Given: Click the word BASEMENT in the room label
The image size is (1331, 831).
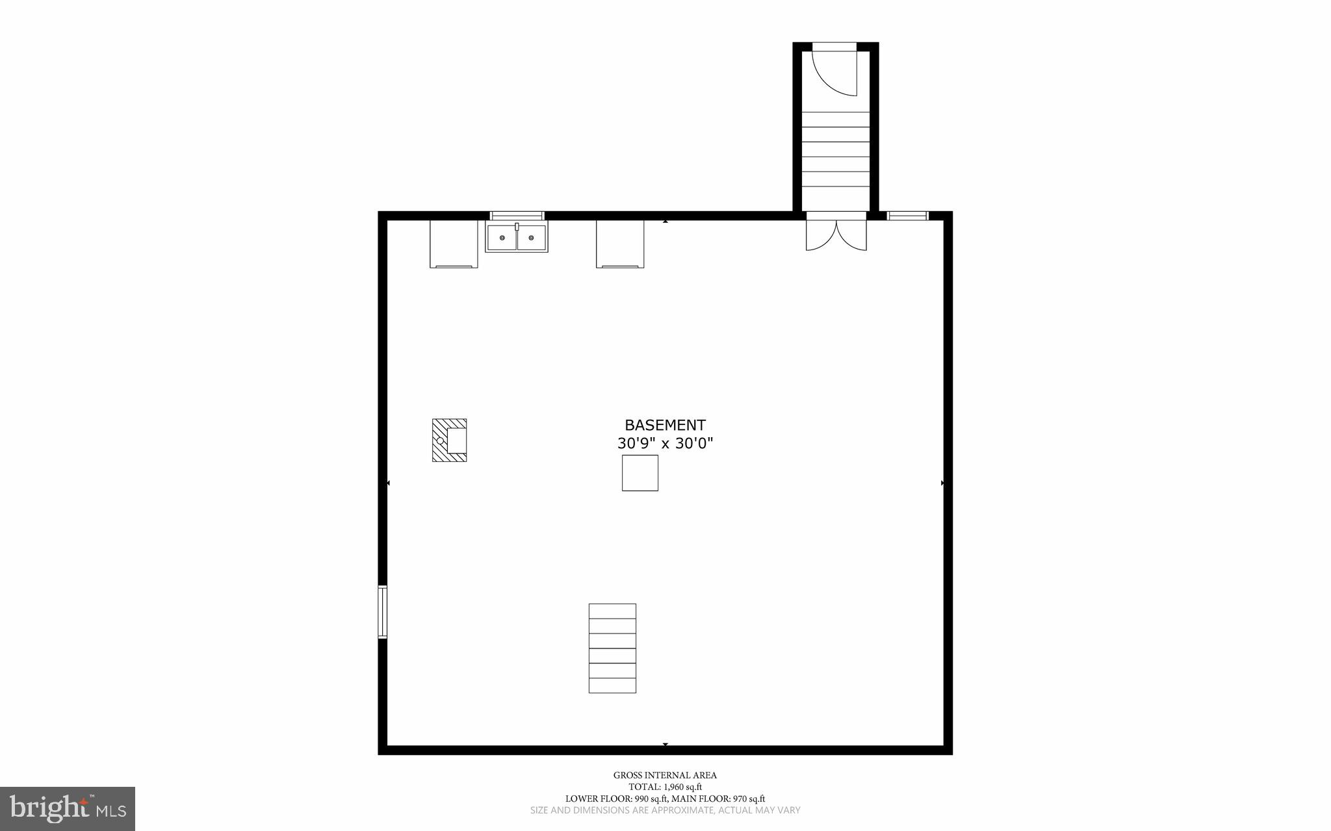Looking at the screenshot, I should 665,425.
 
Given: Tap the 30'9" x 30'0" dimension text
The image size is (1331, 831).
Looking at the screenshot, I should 665,444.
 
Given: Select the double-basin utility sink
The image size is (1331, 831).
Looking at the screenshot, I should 517,237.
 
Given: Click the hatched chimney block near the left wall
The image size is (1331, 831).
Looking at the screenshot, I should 449,440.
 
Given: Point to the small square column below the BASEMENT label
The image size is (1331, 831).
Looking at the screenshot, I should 640,472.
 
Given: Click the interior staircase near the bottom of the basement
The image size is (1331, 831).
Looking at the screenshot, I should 612,648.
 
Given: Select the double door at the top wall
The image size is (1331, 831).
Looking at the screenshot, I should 836,232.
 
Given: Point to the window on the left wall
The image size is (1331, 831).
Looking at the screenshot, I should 383,611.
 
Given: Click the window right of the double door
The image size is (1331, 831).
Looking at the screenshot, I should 907,216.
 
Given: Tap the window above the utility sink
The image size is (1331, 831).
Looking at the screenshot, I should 517,216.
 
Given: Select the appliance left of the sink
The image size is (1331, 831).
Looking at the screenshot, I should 454,244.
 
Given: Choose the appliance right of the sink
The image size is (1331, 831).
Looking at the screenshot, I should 620,244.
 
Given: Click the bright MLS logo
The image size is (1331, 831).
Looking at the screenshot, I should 68,808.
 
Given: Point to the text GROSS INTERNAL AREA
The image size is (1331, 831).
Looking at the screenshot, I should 665,775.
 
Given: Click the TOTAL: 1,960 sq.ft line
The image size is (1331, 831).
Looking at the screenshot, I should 665,787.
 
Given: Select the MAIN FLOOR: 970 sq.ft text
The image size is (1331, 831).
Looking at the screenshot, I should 718,799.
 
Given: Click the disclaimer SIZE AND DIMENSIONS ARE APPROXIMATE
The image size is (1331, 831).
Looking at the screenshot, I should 665,810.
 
